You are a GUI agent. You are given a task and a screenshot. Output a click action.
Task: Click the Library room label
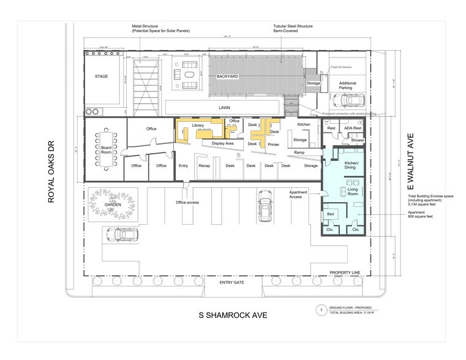[x=198, y=125]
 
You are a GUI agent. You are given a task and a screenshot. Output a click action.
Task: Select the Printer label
[x=273, y=144]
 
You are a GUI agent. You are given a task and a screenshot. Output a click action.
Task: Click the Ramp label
[x=299, y=152]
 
